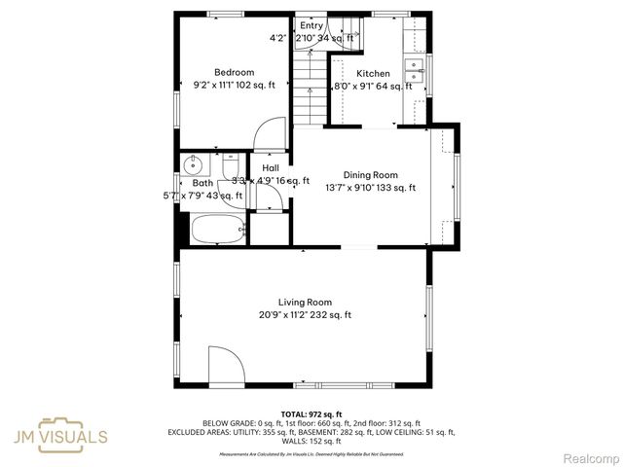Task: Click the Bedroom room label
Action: click(235, 72)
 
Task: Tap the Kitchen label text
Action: click(373, 74)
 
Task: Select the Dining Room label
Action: click(370, 175)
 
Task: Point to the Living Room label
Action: click(305, 302)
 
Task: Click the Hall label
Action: click(270, 167)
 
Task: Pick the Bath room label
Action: click(202, 183)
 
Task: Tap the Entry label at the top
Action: click(311, 25)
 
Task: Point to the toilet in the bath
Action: click(234, 170)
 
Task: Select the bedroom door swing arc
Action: click(270, 132)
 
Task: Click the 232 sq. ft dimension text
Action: click(331, 314)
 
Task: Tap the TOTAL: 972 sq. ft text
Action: click(311, 414)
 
